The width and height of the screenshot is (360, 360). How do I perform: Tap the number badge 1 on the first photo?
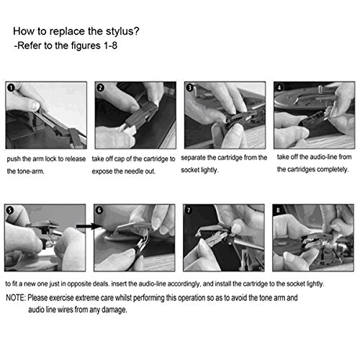coord(11,88)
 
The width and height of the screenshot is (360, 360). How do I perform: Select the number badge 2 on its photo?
coord(100,88)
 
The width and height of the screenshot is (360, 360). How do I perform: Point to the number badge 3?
coord(189,88)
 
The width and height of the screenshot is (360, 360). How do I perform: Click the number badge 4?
coord(279,88)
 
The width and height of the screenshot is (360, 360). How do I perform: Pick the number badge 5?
coord(9,210)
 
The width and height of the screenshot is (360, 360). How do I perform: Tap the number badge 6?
coord(99,210)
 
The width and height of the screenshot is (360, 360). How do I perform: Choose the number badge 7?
coord(189,210)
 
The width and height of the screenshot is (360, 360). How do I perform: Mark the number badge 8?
coord(278,210)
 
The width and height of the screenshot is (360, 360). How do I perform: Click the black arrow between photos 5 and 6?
coord(89,226)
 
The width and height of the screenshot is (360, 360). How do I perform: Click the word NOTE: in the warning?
coord(16,298)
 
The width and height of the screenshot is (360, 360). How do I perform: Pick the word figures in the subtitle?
coord(86,46)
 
